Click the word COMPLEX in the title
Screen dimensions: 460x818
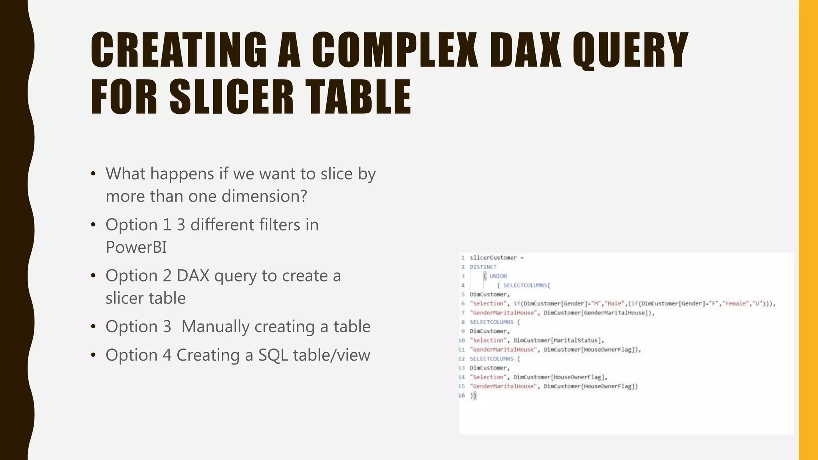[x=394, y=50]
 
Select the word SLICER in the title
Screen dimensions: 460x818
[x=232, y=97]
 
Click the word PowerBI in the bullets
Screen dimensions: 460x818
[x=136, y=247]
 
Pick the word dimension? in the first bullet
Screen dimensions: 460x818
[x=264, y=196]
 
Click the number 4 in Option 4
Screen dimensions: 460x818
[x=167, y=355]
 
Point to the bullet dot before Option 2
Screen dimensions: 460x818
[x=93, y=276]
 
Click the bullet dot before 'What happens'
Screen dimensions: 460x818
[x=93, y=174]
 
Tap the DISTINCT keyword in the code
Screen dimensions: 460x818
[x=483, y=267]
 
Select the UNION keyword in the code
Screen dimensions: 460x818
[x=498, y=276]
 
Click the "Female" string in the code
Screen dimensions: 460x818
[x=736, y=303]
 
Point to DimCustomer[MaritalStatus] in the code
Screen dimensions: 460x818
[x=558, y=340]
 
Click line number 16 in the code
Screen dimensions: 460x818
[x=462, y=395]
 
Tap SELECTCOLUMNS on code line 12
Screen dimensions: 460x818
[x=491, y=359]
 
